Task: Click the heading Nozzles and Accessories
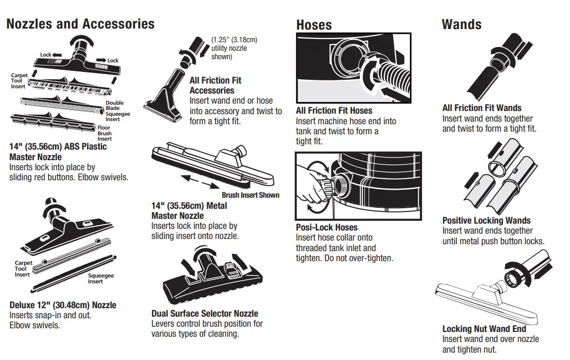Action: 80,24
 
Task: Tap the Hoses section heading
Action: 314,25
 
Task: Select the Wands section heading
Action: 461,24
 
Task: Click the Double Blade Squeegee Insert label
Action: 117,111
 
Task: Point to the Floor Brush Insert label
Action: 104,133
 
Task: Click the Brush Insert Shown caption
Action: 250,195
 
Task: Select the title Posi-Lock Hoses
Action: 326,227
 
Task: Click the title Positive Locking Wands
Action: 486,220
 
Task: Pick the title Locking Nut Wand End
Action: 484,328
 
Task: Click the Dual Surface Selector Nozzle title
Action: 204,313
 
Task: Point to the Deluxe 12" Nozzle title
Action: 63,305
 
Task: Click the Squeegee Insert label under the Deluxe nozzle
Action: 100,279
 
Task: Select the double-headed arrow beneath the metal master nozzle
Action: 201,182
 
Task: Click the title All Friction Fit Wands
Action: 481,108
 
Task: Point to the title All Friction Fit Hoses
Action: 334,110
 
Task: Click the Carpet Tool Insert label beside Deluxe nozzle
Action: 23,269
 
